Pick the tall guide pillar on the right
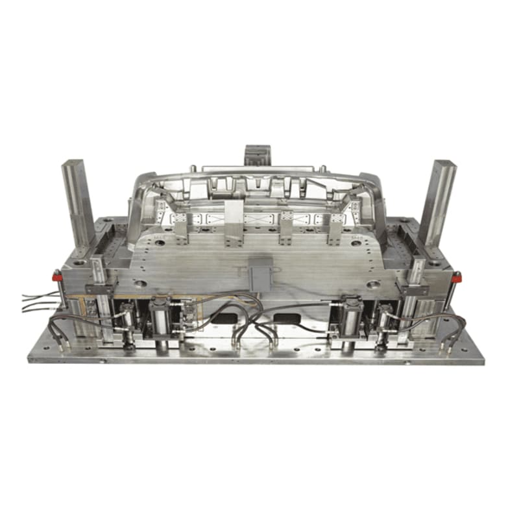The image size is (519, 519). point(437,201)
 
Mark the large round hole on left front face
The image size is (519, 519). point(138,284)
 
